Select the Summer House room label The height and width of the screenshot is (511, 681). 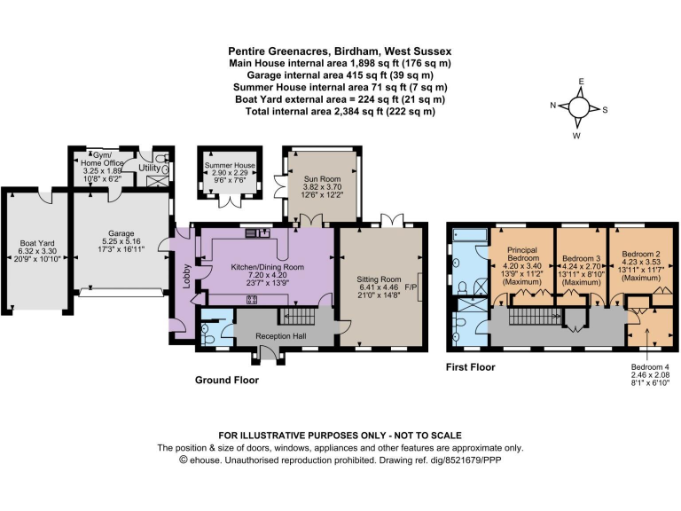click(x=230, y=166)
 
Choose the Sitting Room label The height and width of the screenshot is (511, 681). click(x=380, y=278)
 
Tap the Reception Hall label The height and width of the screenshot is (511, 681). click(x=279, y=336)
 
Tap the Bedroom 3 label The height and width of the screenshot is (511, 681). click(x=581, y=258)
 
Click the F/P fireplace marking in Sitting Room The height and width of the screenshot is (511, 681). click(x=411, y=288)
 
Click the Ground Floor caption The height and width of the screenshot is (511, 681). click(x=230, y=379)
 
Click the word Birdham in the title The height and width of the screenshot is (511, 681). click(x=351, y=51)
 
